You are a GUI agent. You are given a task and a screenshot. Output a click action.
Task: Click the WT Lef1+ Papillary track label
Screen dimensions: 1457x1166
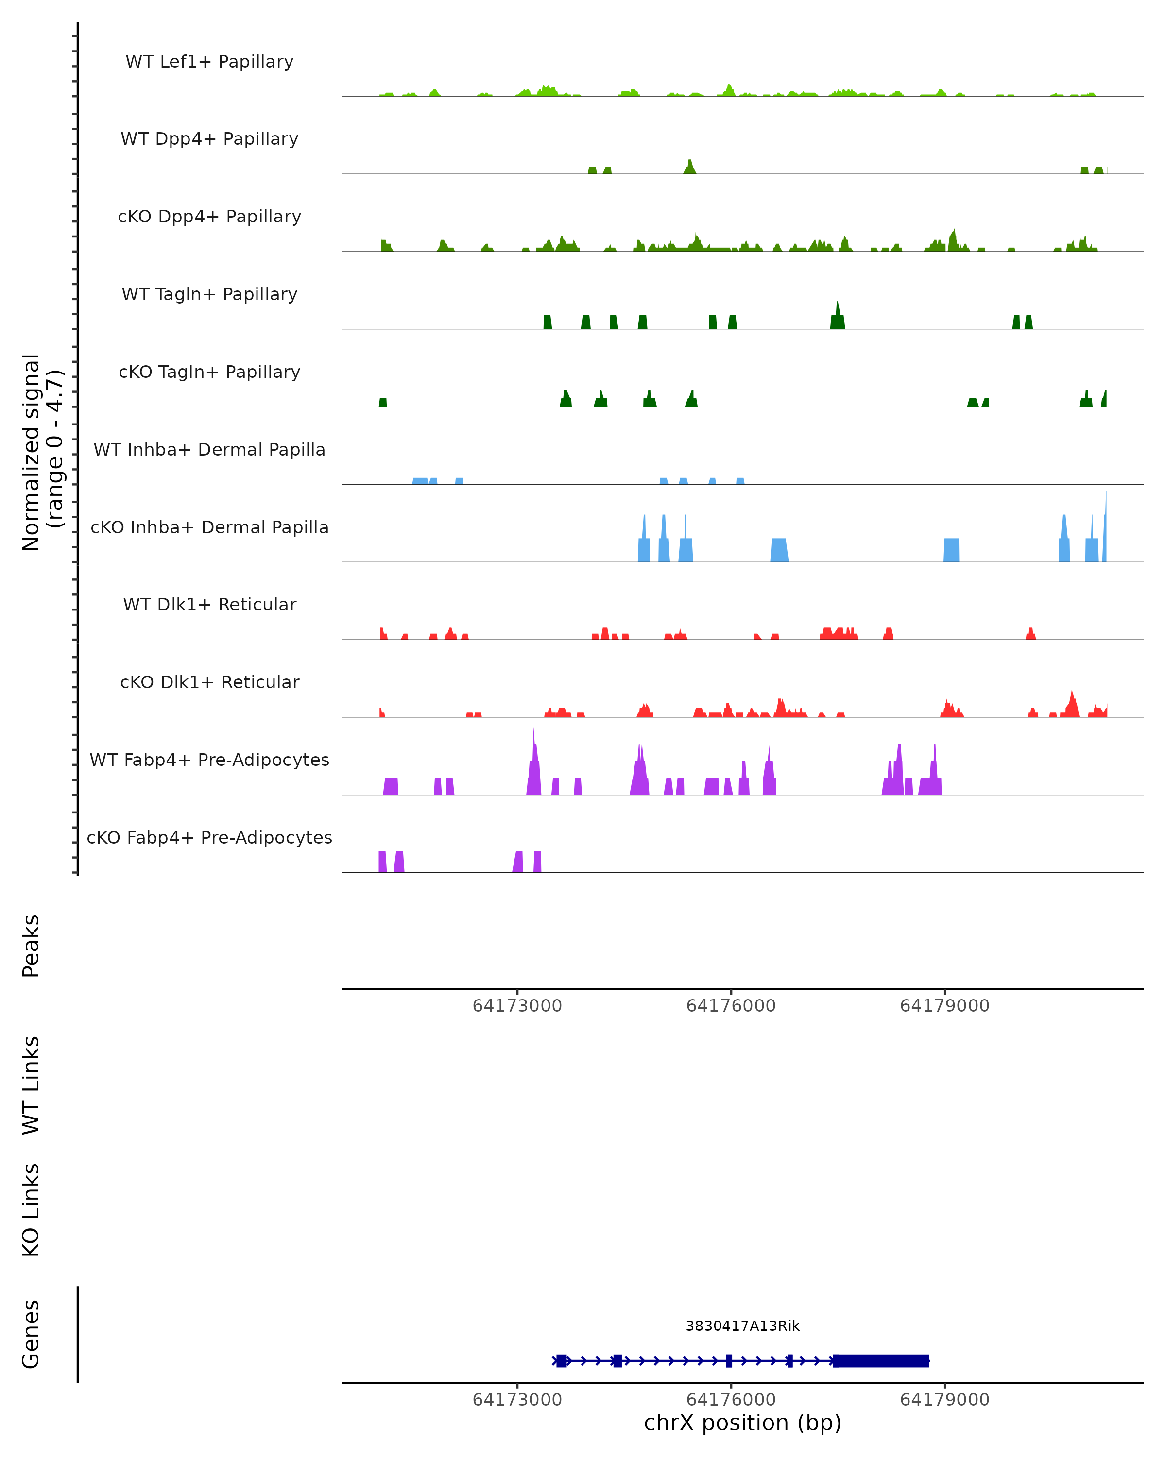coord(209,62)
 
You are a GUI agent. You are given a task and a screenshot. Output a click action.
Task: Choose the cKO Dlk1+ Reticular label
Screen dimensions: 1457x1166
coord(209,682)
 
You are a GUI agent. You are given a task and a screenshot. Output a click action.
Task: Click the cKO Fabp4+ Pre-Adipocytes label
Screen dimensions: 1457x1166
coord(209,837)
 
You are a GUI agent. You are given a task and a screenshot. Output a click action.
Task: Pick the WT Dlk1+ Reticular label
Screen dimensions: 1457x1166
coord(209,604)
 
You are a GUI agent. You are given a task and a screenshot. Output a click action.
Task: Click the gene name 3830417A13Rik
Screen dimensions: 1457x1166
coord(742,1326)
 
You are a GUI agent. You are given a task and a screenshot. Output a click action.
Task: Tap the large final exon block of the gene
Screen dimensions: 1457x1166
coord(881,1360)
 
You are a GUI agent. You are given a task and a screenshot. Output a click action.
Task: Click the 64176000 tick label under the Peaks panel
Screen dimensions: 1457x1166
coord(731,1006)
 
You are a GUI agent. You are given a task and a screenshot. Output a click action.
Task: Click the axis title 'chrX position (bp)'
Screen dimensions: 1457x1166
coord(742,1423)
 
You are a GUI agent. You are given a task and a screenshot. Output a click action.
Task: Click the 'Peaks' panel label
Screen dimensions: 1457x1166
coord(31,946)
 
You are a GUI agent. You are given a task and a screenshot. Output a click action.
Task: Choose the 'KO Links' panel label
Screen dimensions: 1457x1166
coord(31,1210)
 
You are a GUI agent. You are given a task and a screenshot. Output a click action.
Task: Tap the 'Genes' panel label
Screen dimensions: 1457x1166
coord(31,1334)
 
